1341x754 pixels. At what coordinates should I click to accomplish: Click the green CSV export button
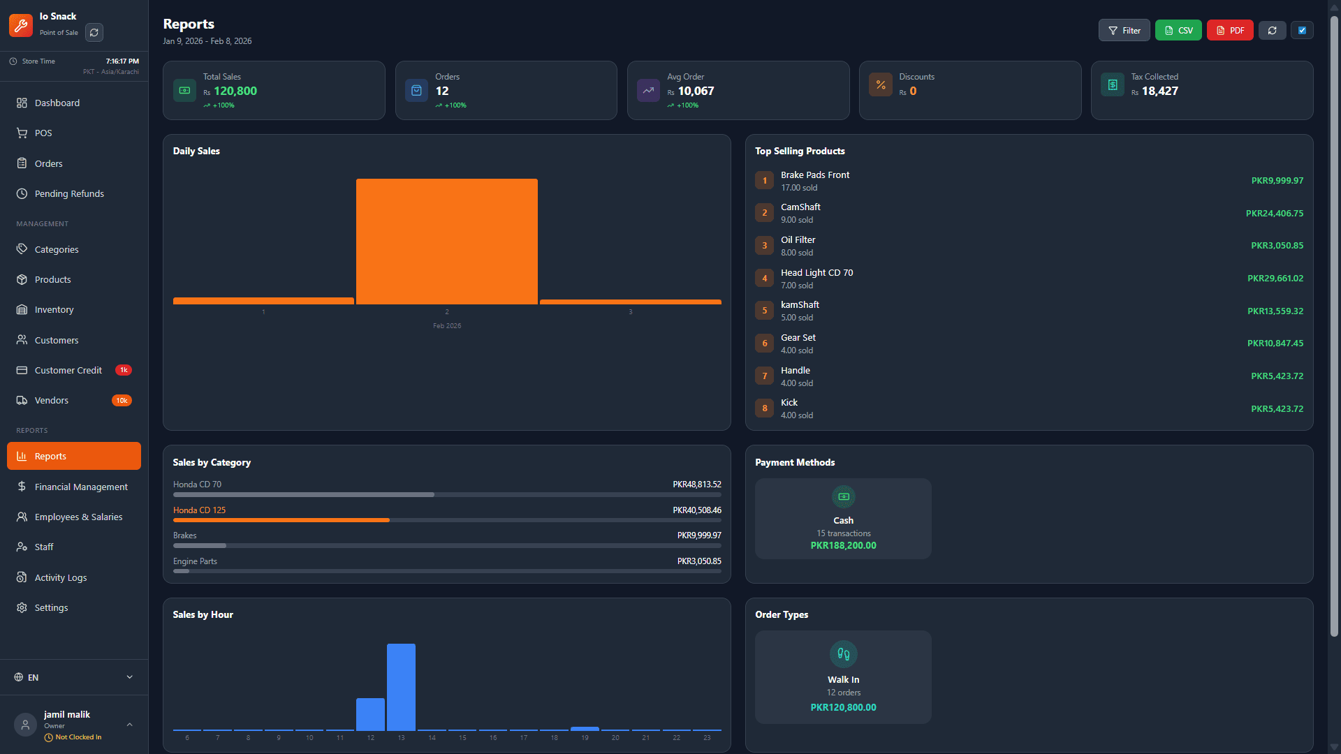[1178, 31]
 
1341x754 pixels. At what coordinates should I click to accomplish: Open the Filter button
[1124, 31]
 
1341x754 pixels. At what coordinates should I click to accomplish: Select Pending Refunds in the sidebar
[69, 193]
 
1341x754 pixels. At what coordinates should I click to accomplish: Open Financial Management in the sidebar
[81, 487]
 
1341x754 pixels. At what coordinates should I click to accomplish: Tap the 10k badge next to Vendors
[122, 401]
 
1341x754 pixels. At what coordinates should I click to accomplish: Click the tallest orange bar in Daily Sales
[447, 242]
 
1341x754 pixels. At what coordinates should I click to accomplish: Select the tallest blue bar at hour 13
[401, 687]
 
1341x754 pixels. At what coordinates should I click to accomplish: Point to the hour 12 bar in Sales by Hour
[370, 714]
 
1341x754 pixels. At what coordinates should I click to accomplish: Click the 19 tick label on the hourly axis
[585, 738]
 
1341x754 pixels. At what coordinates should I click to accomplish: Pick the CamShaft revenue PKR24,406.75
[1274, 214]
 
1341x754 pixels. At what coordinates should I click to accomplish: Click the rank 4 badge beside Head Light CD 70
[764, 279]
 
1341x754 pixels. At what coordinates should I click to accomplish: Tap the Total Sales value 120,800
[235, 91]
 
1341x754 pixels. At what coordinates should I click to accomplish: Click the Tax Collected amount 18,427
[1159, 91]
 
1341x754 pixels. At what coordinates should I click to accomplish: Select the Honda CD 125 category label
[199, 510]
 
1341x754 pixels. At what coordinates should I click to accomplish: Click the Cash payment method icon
[843, 497]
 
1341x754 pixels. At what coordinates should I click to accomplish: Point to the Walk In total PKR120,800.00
[843, 707]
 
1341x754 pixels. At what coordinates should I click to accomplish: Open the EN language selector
[73, 677]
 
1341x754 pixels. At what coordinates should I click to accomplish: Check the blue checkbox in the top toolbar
[1302, 31]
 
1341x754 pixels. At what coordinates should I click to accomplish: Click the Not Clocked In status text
[78, 737]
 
